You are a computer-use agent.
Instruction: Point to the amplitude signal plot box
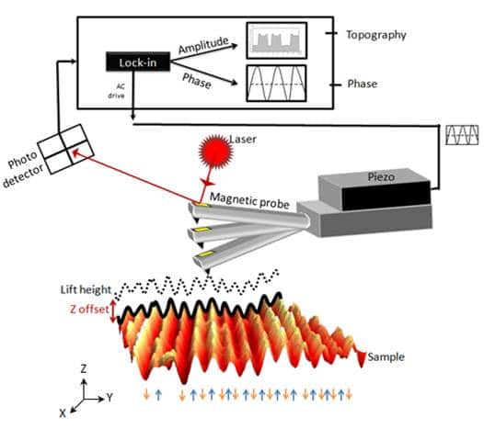pos(276,38)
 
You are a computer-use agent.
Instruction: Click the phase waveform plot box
pos(276,82)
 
